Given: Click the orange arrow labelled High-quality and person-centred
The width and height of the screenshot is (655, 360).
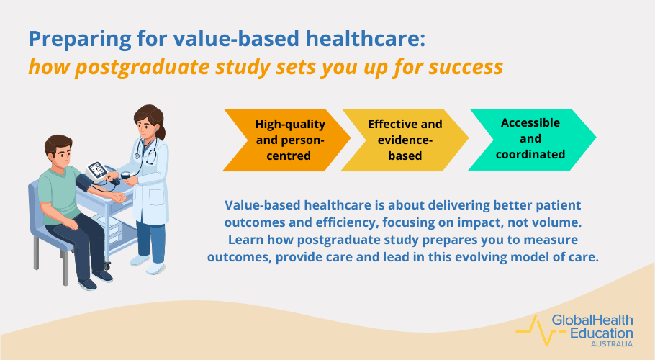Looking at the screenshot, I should point(284,140).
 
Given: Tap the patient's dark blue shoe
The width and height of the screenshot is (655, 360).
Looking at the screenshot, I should point(87,283).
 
